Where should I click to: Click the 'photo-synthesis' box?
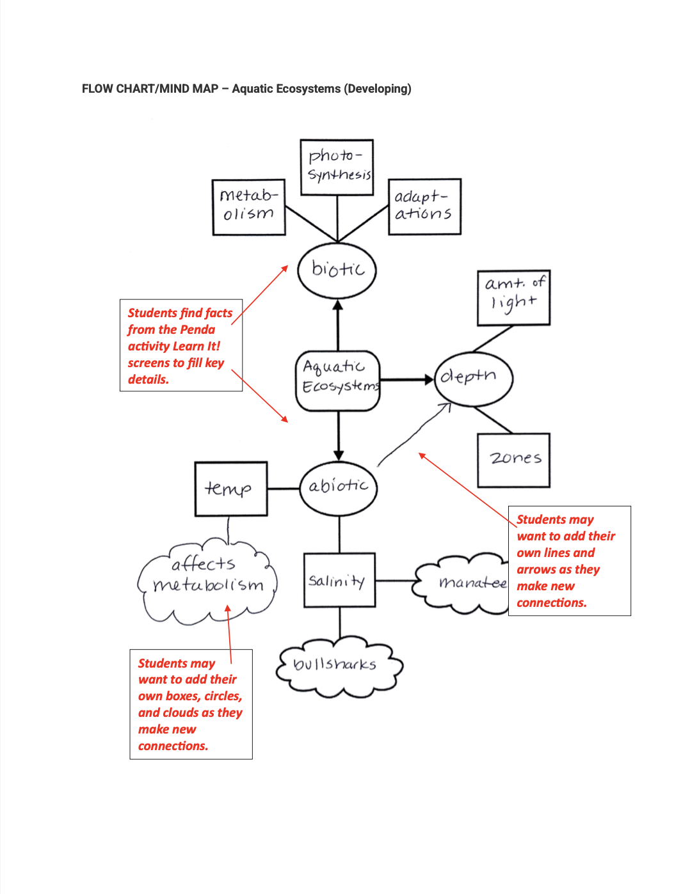point(337,167)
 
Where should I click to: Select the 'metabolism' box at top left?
point(248,207)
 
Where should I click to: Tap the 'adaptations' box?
point(424,207)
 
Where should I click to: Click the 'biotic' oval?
point(337,270)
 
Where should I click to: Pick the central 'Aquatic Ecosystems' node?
point(338,380)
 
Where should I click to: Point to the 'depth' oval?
point(474,378)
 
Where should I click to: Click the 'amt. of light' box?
point(513,297)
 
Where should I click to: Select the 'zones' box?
point(513,460)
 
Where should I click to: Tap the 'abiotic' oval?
point(339,488)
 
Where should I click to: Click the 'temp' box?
point(230,489)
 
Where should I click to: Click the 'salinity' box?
point(339,580)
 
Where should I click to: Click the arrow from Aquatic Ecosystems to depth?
point(407,380)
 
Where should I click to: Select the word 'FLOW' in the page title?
point(97,89)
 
